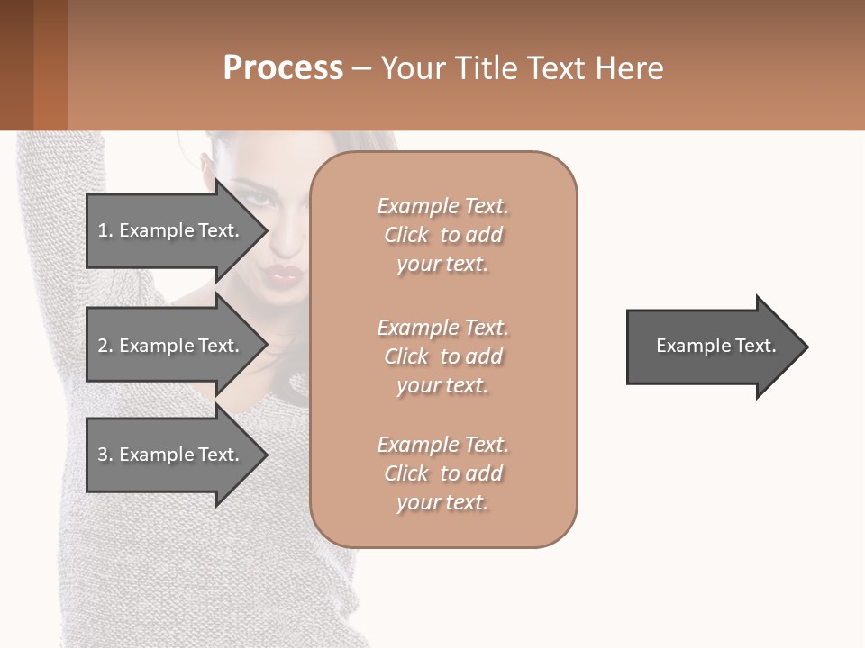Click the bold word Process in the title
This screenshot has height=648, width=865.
[283, 68]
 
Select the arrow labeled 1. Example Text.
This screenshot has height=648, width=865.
[171, 230]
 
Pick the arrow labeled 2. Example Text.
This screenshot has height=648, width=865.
[171, 346]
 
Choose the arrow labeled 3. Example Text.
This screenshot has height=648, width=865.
[171, 454]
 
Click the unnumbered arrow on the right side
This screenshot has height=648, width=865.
[715, 346]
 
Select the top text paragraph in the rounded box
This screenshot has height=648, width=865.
[442, 235]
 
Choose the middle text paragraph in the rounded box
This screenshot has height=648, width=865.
[442, 356]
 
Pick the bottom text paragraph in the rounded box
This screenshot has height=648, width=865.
[442, 473]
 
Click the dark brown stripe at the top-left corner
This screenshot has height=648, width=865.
[16, 65]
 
